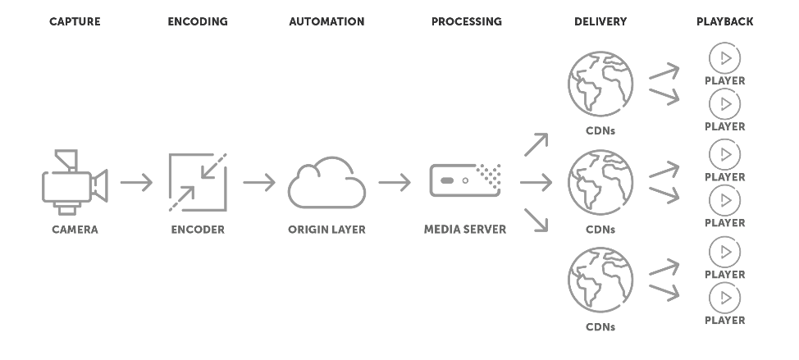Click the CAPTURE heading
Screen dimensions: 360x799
pyautogui.click(x=75, y=21)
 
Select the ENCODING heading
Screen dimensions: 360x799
pyautogui.click(x=198, y=21)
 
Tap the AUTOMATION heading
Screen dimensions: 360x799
pyautogui.click(x=326, y=21)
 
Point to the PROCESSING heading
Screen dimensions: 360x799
pyautogui.click(x=466, y=21)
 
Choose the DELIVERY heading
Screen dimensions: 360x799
pyautogui.click(x=600, y=21)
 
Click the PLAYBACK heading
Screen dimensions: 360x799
pyautogui.click(x=724, y=21)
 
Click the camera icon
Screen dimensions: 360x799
pyautogui.click(x=75, y=182)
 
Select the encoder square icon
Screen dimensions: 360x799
pyautogui.click(x=198, y=182)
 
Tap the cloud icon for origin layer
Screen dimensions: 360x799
pyautogui.click(x=326, y=183)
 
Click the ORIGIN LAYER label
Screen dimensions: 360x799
pyautogui.click(x=326, y=230)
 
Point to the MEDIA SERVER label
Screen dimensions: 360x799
pyautogui.click(x=465, y=230)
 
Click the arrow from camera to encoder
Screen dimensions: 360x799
pyautogui.click(x=136, y=182)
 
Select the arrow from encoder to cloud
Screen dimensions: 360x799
pyautogui.click(x=259, y=182)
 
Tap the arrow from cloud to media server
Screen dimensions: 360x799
pyautogui.click(x=395, y=182)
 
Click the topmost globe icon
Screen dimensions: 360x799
pyautogui.click(x=600, y=82)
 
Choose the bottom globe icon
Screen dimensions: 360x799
pyautogui.click(x=600, y=280)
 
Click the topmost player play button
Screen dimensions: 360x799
pyautogui.click(x=724, y=58)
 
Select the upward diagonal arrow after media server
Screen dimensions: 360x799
pyautogui.click(x=536, y=144)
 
